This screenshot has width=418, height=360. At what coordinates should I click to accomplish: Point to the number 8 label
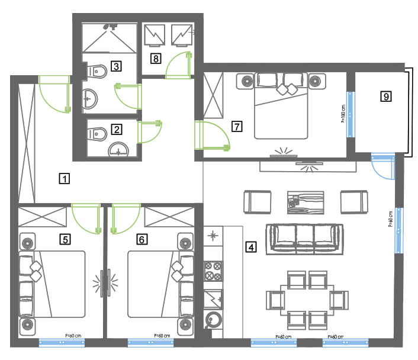point(155,58)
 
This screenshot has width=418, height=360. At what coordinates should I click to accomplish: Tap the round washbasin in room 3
point(91,99)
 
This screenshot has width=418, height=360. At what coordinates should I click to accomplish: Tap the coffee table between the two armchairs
point(304,201)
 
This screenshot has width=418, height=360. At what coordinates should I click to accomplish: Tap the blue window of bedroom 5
point(62,342)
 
